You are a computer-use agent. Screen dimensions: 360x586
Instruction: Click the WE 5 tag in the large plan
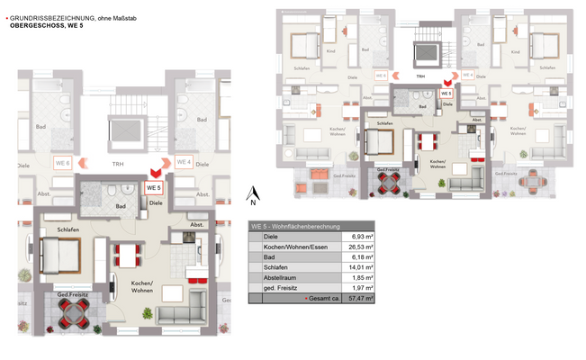pos(153,188)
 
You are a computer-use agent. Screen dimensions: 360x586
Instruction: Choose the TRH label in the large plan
pos(118,164)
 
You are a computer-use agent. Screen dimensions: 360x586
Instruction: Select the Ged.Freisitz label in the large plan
pos(71,296)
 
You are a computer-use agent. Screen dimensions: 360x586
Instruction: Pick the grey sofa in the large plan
pos(184,314)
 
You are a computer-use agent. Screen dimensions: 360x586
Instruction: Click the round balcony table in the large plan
pos(71,314)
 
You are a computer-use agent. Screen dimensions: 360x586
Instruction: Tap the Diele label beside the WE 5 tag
pos(156,203)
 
